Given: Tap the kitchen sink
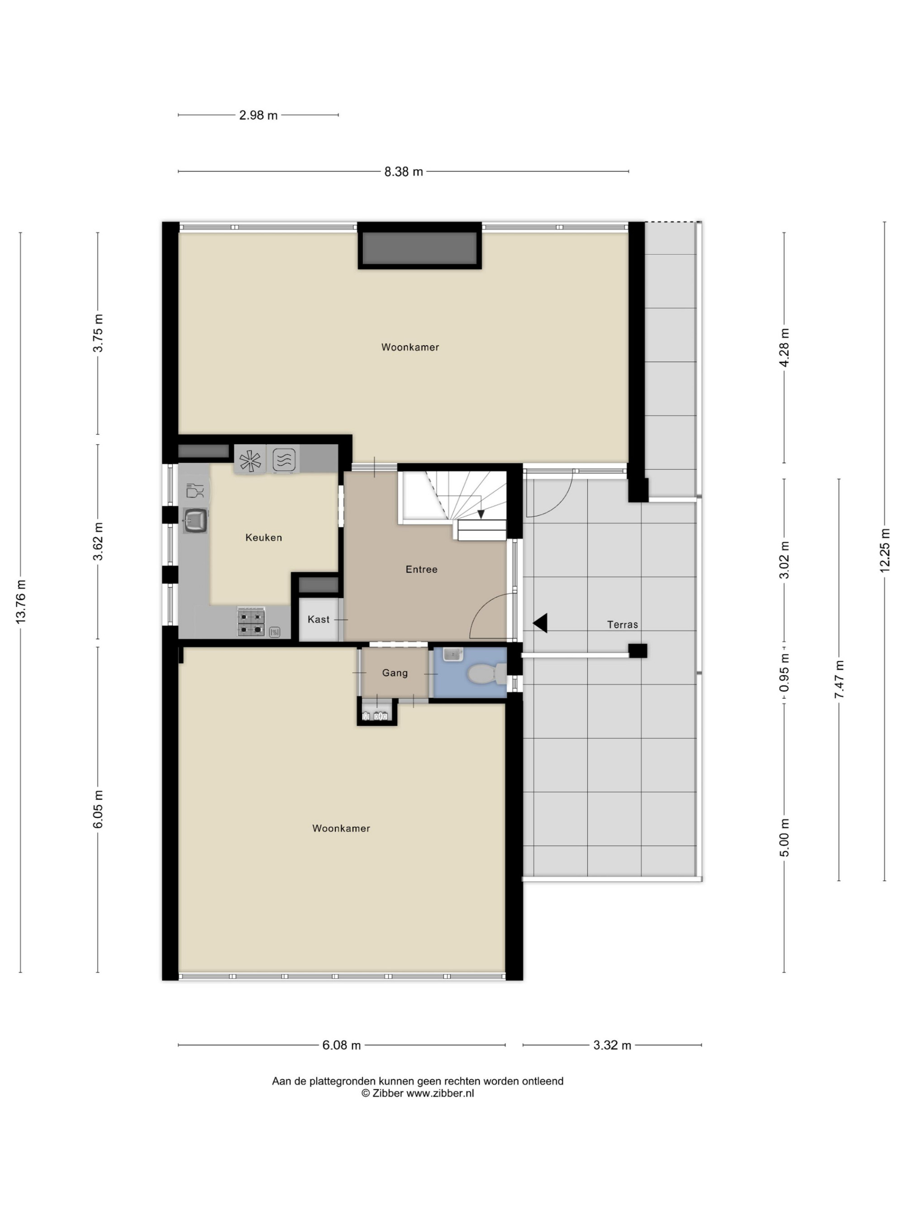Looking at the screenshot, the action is click(195, 520).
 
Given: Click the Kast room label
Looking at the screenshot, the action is click(319, 619).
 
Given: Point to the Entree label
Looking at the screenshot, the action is click(421, 569).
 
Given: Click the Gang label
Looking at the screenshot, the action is click(395, 673).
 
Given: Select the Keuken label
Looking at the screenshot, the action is click(263, 538).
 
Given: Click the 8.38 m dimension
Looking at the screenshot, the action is click(404, 172).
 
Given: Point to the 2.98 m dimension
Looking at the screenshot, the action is click(258, 115).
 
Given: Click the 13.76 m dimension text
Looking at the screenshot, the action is click(21, 602).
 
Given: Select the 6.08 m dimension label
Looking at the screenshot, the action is click(342, 1045).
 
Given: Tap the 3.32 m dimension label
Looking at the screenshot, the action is click(612, 1045).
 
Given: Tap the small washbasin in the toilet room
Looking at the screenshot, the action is click(453, 654).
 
